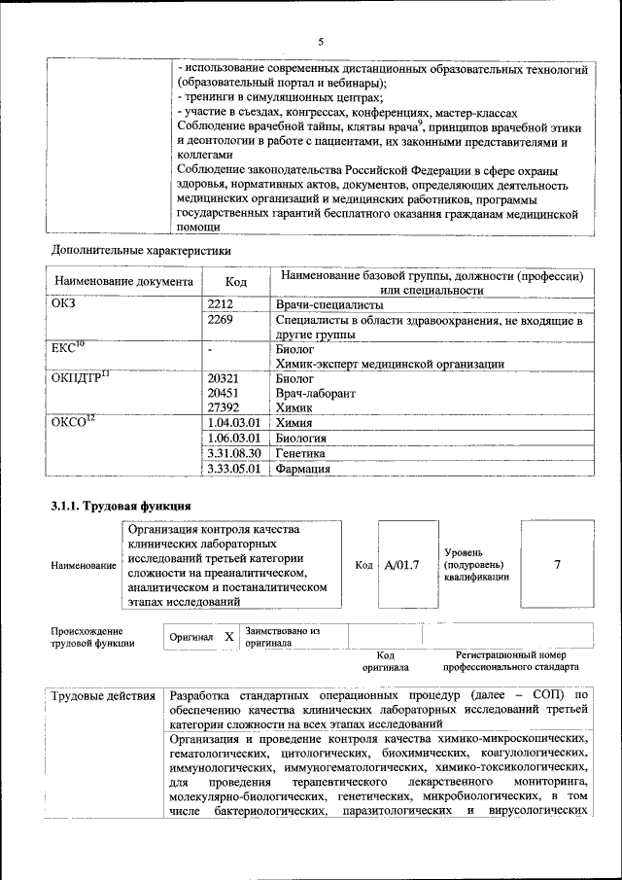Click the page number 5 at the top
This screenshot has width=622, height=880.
[x=320, y=41]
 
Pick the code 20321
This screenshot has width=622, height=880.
[x=224, y=378]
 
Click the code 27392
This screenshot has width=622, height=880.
[x=224, y=408]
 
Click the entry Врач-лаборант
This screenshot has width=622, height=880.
[x=315, y=394]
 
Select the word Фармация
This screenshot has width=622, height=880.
[x=304, y=469]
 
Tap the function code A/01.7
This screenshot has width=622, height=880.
[x=401, y=564]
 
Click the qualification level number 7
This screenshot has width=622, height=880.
[x=557, y=564]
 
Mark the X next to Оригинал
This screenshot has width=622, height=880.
[x=228, y=636]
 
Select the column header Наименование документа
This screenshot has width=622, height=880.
[x=124, y=282]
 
